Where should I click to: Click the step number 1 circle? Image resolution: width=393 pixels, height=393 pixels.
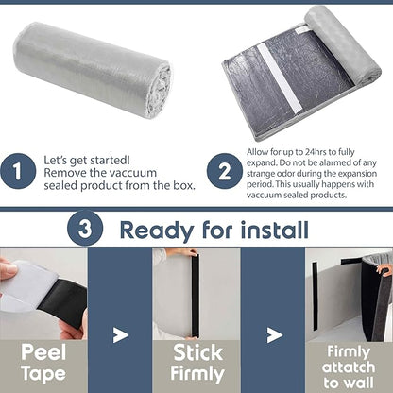pyautogui.click(x=18, y=171)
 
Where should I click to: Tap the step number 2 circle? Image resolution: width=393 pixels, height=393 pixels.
pyautogui.click(x=225, y=171)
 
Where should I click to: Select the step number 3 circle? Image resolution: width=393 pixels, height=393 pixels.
pyautogui.click(x=85, y=228)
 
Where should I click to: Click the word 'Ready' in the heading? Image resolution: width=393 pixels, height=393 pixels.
pyautogui.click(x=156, y=231)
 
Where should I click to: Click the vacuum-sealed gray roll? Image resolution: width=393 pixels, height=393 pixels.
pyautogui.click(x=93, y=69)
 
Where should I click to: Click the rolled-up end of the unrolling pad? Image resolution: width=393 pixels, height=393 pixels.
pyautogui.click(x=343, y=44)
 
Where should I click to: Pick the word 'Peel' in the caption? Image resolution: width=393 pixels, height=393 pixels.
pyautogui.click(x=43, y=352)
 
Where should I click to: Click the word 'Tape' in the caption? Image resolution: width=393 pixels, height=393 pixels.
pyautogui.click(x=43, y=374)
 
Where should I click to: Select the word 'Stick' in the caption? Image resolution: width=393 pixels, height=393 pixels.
pyautogui.click(x=197, y=352)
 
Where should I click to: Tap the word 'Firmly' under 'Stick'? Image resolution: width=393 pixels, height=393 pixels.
pyautogui.click(x=197, y=374)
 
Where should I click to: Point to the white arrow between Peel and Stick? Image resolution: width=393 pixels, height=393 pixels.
pyautogui.click(x=121, y=335)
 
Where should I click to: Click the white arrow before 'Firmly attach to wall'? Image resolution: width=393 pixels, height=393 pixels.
pyautogui.click(x=274, y=335)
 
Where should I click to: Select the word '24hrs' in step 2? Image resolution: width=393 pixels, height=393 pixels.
pyautogui.click(x=316, y=152)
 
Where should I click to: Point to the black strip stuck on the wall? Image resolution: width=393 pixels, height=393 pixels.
pyautogui.click(x=315, y=296)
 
